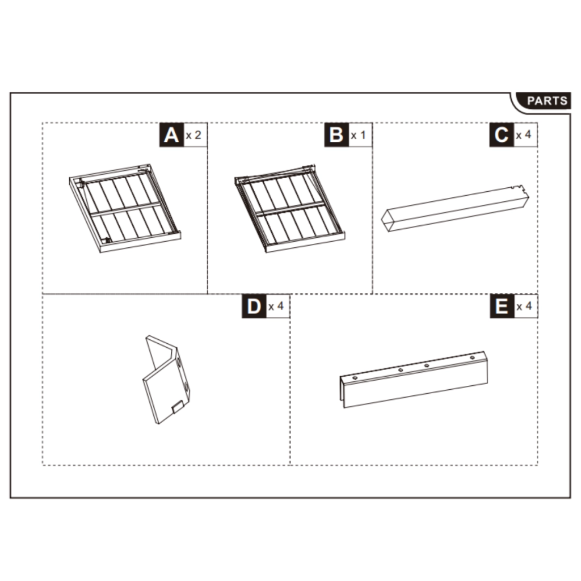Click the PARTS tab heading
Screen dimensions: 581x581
tap(546, 101)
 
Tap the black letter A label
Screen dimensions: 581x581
tap(170, 136)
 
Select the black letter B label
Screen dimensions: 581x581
tap(336, 136)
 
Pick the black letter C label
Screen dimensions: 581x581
tap(501, 136)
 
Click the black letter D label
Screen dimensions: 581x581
tap(253, 307)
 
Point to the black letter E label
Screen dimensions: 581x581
tap(501, 307)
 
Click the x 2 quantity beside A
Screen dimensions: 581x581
tap(193, 136)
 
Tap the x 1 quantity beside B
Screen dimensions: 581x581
tap(358, 136)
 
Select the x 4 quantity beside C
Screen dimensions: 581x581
tap(523, 136)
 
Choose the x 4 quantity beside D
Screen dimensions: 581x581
tap(275, 307)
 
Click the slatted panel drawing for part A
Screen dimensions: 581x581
tap(125, 208)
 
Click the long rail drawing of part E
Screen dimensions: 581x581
tap(414, 379)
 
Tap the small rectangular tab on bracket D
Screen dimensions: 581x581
tap(177, 407)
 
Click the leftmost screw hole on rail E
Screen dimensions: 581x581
tap(355, 377)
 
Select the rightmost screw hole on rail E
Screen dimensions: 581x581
tap(472, 358)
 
